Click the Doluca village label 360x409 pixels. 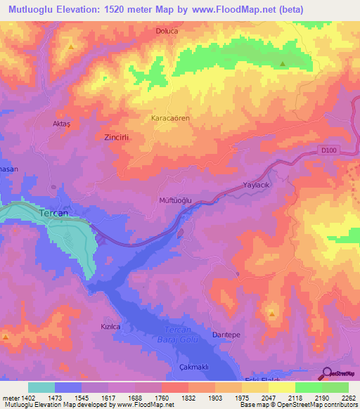coord(167,31)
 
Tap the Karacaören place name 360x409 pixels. coord(171,118)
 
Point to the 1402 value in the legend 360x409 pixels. coord(22,398)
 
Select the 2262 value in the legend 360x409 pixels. coord(348,398)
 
